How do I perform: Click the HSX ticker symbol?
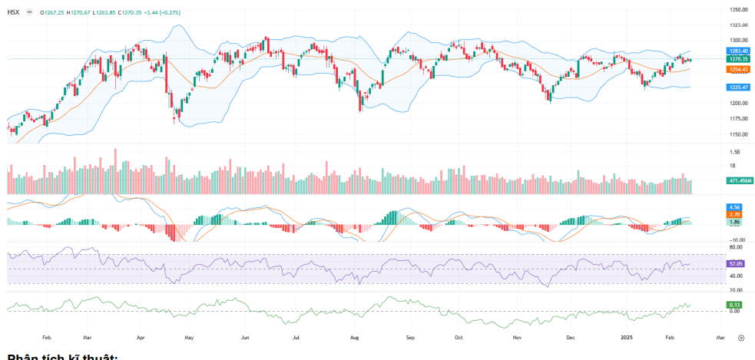coord(13,12)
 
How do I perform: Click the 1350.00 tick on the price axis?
coord(738,9)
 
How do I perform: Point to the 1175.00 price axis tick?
coord(738,118)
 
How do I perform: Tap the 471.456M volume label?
coord(739,180)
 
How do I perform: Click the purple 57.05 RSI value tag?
coord(735,263)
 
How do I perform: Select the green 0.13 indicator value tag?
coord(733,305)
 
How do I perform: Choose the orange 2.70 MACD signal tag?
coord(733,214)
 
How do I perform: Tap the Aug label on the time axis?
coord(354,337)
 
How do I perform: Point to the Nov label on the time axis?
coord(517,337)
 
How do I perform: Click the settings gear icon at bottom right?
coord(740,337)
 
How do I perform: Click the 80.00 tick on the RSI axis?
coord(735,248)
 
